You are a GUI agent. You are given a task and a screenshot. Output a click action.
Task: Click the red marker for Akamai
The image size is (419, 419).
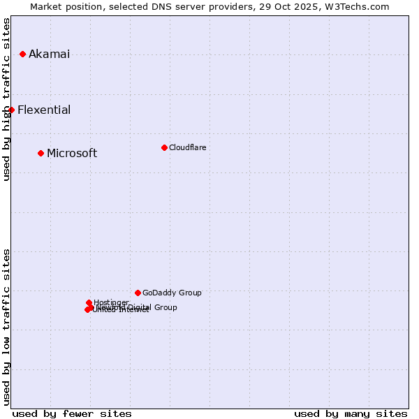[x=22, y=54]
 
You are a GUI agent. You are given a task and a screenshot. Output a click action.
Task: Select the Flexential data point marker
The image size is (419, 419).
[x=11, y=110]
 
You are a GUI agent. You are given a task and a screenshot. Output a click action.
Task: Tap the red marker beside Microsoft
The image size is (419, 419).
[x=41, y=153]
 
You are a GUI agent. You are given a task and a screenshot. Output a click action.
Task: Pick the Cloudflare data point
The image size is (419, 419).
[x=164, y=147]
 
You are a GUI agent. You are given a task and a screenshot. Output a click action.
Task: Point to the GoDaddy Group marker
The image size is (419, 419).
[x=138, y=293]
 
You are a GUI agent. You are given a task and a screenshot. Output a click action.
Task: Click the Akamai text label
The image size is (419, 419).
[x=49, y=54]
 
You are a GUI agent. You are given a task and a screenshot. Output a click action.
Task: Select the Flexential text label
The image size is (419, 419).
[x=44, y=110]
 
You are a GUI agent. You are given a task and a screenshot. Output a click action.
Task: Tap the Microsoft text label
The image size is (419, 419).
[x=72, y=154]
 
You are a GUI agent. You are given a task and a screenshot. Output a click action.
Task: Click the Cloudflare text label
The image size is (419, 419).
[x=187, y=147]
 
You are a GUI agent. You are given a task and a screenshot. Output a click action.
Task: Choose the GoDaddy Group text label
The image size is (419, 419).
[x=172, y=293]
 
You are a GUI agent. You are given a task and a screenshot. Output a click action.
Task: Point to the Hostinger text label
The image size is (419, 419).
[x=111, y=302]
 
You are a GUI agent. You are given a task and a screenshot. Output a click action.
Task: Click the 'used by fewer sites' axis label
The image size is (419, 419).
[x=72, y=414]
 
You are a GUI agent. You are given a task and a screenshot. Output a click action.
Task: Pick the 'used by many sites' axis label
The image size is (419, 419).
[x=351, y=414]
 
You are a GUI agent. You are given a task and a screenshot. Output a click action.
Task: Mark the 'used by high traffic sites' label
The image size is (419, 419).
[x=7, y=99]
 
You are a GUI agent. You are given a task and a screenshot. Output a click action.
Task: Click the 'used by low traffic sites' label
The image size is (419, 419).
[x=7, y=327]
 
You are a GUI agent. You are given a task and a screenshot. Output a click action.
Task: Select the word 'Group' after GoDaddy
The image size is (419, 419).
[x=190, y=293]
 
